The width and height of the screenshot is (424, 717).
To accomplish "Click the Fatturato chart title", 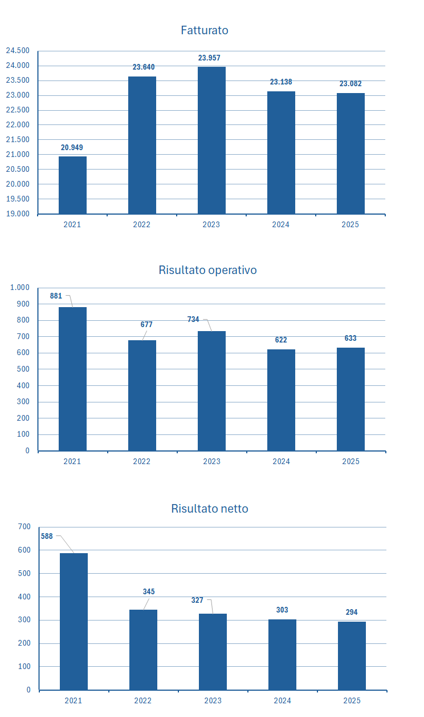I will tap(205, 30).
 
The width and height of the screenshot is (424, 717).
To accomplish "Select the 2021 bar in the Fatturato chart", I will tap(72, 185).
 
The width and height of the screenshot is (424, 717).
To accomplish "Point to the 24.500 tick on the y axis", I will tap(18, 51).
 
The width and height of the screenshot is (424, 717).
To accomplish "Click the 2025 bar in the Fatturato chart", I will tap(350, 153).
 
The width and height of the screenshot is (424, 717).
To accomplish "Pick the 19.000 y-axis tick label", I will tap(18, 214).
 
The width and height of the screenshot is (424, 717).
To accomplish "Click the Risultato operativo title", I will tap(207, 270).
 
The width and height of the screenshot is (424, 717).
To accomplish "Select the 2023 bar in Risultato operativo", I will tap(211, 391).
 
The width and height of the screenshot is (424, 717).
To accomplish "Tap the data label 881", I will tap(56, 296).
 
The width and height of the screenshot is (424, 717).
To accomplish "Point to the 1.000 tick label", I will tap(19, 288).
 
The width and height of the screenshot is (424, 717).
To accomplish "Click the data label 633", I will tap(350, 339).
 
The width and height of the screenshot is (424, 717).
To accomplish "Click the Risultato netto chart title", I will tap(210, 509).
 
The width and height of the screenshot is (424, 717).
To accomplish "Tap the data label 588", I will tap(47, 536).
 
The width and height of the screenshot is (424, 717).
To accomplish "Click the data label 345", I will tap(149, 591).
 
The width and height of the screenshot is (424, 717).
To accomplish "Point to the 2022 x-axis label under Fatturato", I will tap(142, 225).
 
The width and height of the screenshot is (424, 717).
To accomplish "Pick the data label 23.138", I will tap(281, 82).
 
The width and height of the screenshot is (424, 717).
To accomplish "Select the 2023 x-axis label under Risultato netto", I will tap(213, 700).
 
